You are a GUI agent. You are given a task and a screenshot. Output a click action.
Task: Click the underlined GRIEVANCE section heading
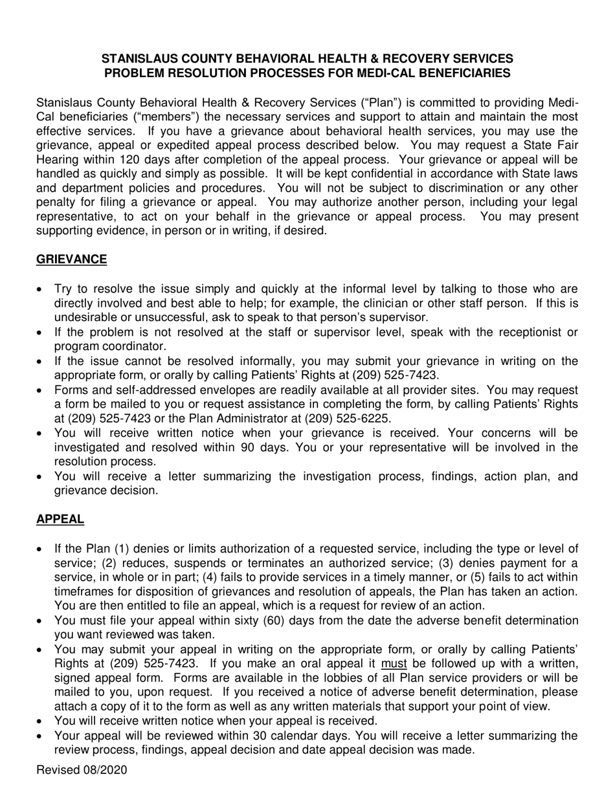[71, 260]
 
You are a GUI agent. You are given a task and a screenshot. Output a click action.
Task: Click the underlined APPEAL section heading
[60, 519]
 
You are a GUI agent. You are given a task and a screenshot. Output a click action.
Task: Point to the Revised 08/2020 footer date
[82, 770]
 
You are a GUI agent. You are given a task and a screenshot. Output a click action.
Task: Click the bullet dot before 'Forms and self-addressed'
[41, 391]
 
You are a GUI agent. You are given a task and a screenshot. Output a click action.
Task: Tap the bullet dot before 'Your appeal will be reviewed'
[41, 736]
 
